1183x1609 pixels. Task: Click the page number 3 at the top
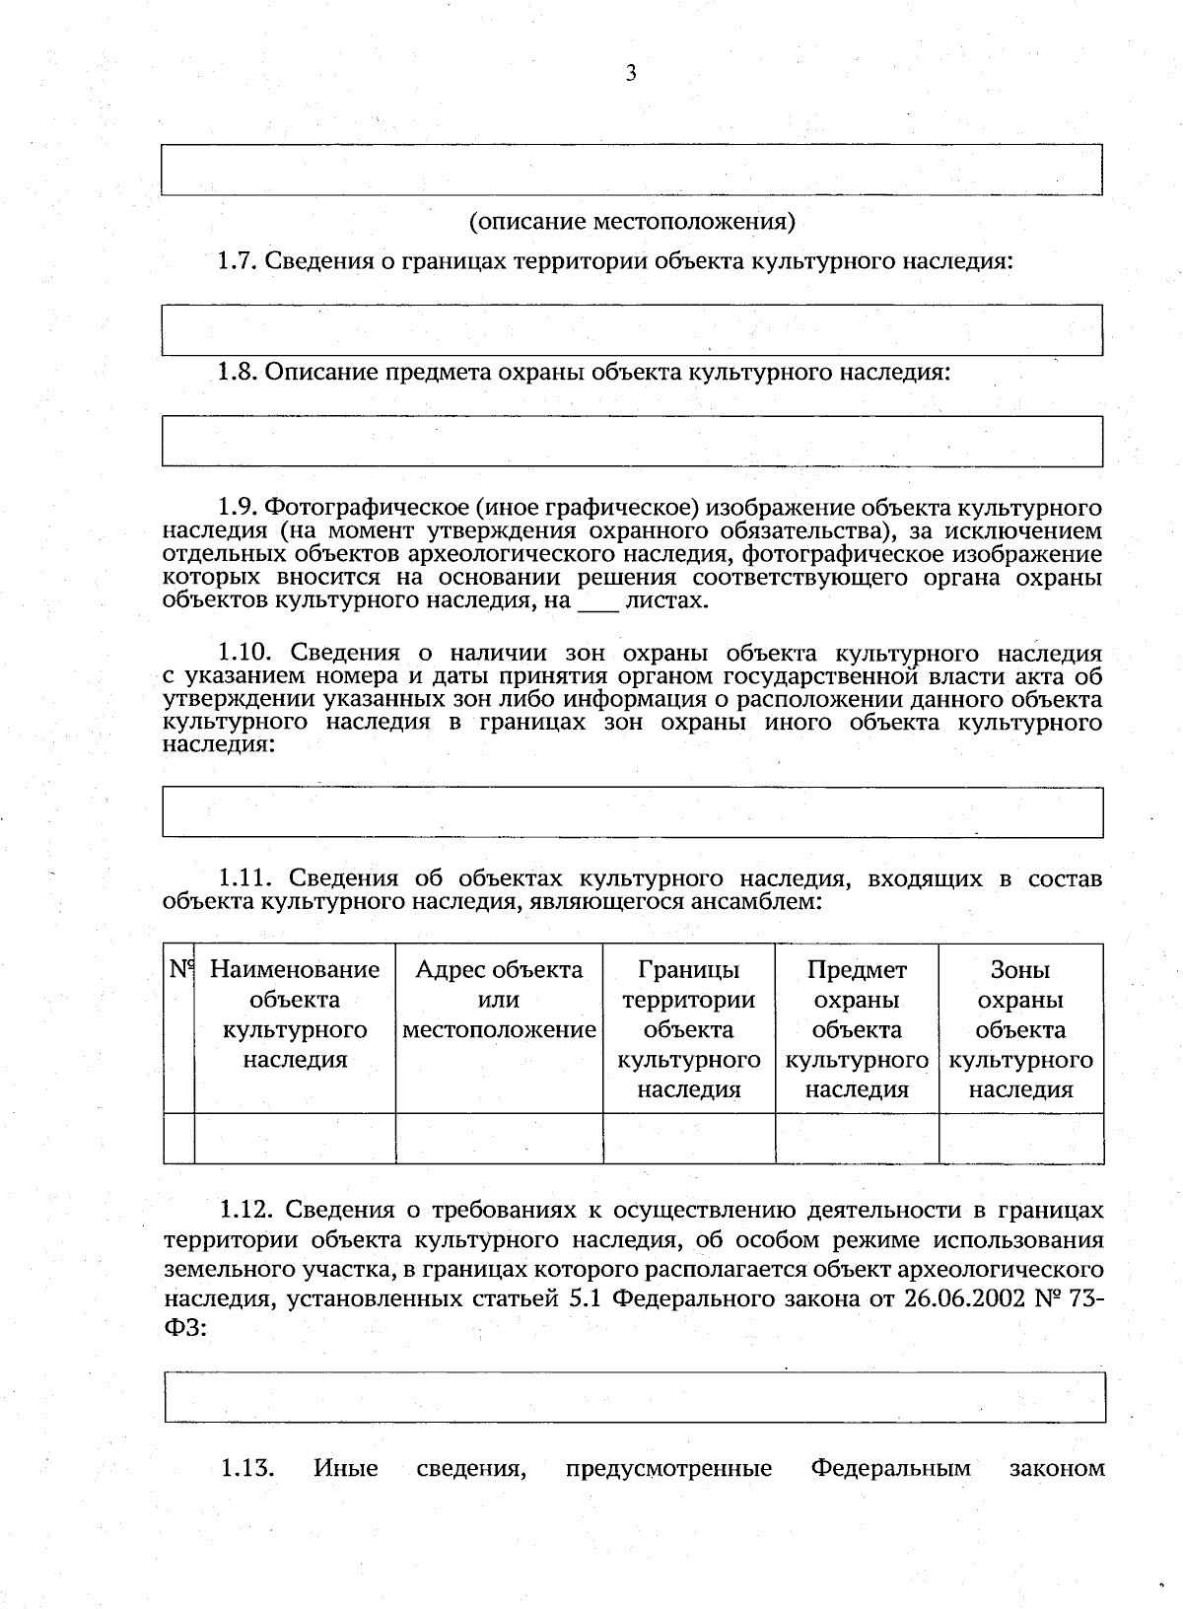[x=631, y=73]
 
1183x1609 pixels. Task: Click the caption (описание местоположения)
[x=631, y=221]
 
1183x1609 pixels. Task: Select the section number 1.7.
[x=237, y=261]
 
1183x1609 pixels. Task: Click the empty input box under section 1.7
[x=631, y=329]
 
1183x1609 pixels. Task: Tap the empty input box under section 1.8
[x=631, y=441]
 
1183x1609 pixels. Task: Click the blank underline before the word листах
[x=597, y=600]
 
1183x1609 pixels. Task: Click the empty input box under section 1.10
[x=631, y=811]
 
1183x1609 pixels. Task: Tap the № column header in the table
[x=179, y=970]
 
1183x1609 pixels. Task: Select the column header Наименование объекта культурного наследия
[x=295, y=1014]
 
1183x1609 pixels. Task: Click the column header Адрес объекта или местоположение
[x=499, y=999]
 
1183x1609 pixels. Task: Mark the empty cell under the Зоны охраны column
[x=1020, y=1139]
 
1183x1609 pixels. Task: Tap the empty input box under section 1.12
[x=634, y=1397]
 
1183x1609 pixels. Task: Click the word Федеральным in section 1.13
[x=890, y=1469]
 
